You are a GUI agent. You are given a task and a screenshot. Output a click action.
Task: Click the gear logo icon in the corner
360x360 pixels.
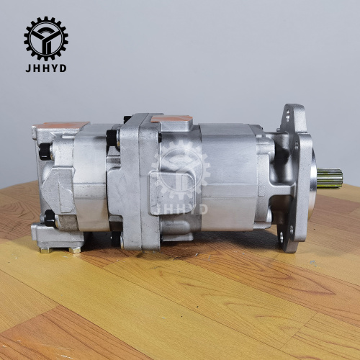45,38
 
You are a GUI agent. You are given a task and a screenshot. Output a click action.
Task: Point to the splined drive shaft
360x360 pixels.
328,178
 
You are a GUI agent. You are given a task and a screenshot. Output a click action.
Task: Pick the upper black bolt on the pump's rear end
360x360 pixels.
45,152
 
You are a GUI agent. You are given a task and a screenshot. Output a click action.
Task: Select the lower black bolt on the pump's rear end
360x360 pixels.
48,217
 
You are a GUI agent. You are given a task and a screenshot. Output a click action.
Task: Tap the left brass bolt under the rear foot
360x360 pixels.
46,249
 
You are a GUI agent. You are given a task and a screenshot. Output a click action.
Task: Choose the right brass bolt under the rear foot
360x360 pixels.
75,249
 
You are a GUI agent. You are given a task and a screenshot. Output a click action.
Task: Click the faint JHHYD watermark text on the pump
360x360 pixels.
181,209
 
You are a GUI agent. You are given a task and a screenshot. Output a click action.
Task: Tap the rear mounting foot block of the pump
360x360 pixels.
58,234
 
